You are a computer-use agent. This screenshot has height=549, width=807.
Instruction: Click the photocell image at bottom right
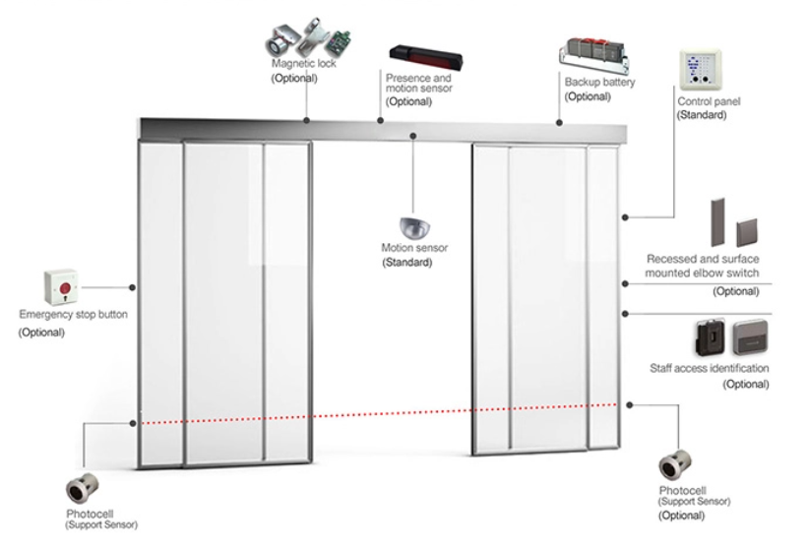[x=678, y=464]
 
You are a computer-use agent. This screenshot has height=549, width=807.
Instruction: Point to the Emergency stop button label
[x=73, y=315]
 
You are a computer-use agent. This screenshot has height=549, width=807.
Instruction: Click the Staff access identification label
[x=710, y=369]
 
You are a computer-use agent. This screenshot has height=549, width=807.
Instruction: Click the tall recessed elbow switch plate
[x=715, y=221]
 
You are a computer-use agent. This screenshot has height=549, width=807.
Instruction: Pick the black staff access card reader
[x=708, y=336]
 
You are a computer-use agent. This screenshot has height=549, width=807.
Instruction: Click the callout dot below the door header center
[x=412, y=136]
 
